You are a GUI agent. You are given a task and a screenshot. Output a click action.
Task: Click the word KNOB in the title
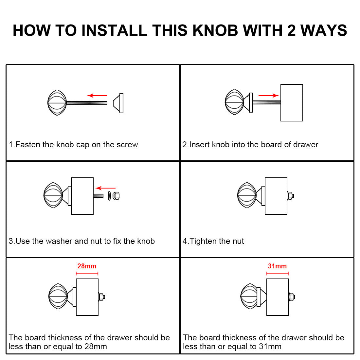tap(215, 30)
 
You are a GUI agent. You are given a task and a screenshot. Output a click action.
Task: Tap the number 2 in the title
tap(291, 30)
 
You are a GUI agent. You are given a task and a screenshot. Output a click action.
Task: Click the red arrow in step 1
tap(97, 95)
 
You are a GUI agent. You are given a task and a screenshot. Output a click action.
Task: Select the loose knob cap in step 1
tap(118, 103)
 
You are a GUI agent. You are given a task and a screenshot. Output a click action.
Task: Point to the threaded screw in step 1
tap(87, 103)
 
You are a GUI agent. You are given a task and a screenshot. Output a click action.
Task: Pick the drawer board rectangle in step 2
tap(292, 103)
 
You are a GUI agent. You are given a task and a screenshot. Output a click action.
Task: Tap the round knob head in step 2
tap(234, 102)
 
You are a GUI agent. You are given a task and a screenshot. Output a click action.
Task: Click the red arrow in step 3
tap(105, 188)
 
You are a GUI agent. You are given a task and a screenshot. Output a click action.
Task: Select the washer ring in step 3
tap(109, 196)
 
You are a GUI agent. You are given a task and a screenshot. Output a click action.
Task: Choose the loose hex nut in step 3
tap(116, 196)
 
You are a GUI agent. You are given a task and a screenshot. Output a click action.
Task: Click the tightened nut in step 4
tap(290, 196)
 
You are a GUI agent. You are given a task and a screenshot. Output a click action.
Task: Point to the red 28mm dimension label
tap(87, 266)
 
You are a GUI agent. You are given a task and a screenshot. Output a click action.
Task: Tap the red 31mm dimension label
tap(277, 266)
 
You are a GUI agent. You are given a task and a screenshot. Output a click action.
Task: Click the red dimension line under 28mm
tap(87, 274)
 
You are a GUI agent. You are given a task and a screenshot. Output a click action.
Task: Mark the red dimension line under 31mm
tap(277, 274)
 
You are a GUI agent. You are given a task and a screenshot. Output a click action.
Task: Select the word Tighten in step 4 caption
tap(203, 241)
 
